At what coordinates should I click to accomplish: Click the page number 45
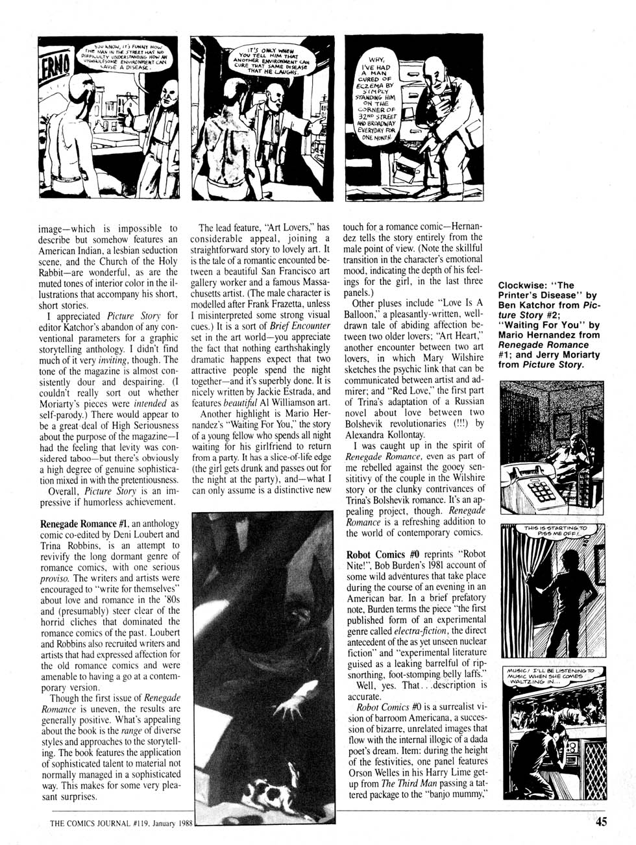(600, 821)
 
